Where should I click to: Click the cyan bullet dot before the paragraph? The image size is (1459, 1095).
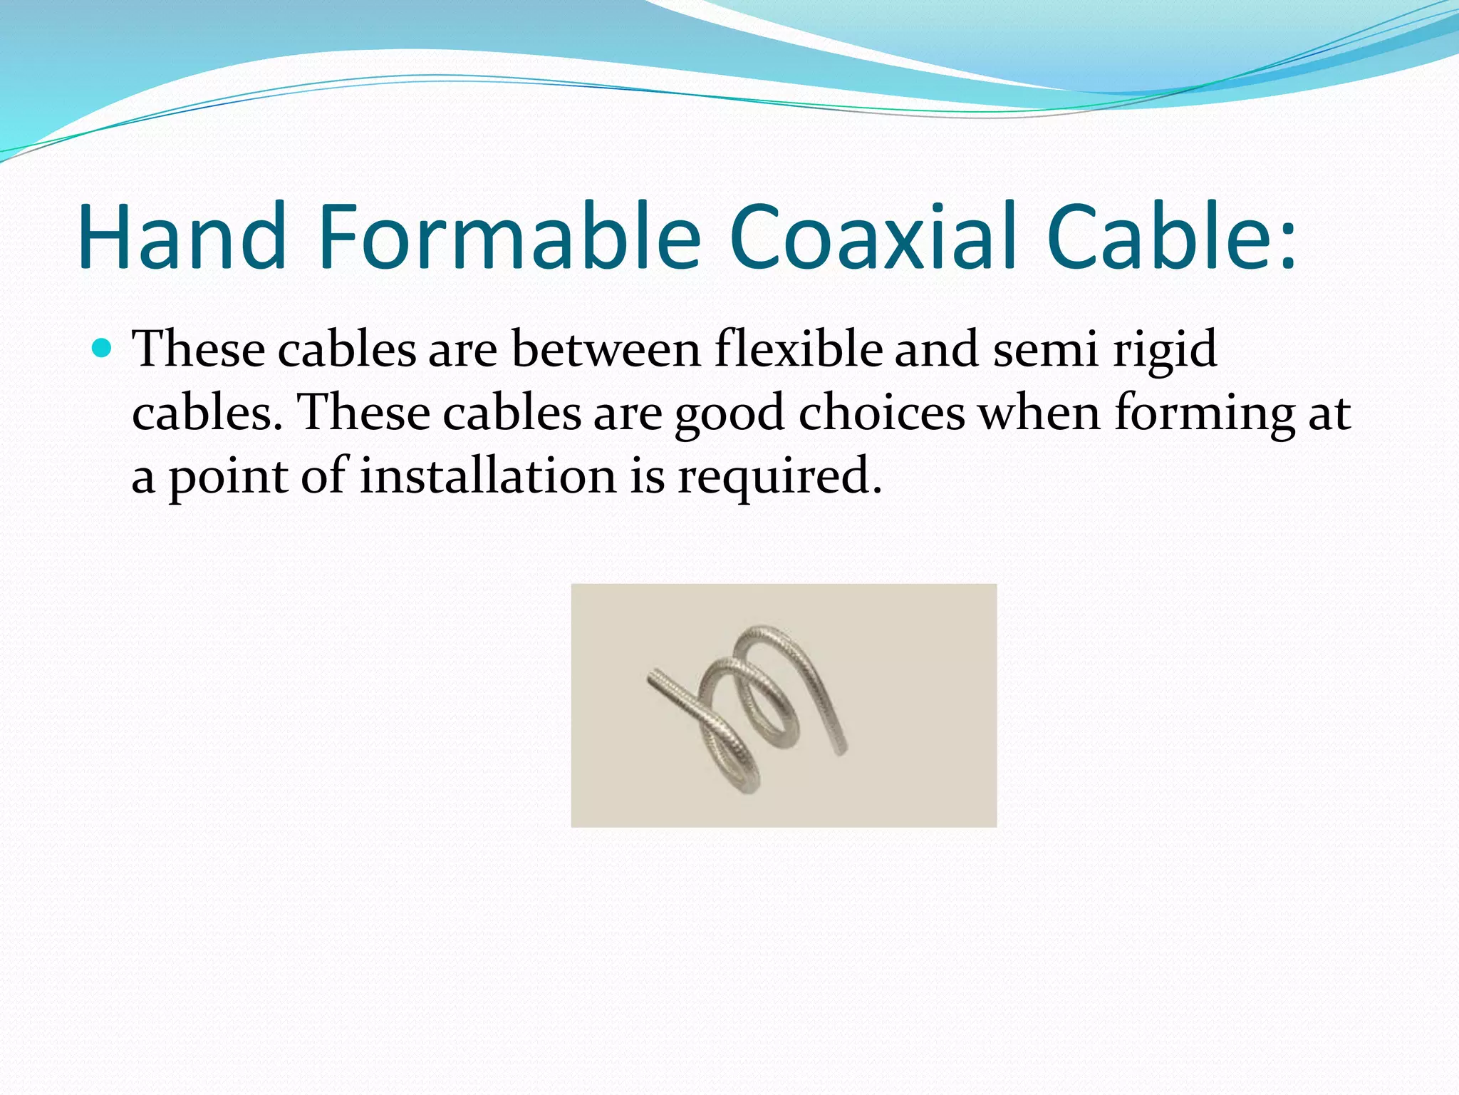103,349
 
